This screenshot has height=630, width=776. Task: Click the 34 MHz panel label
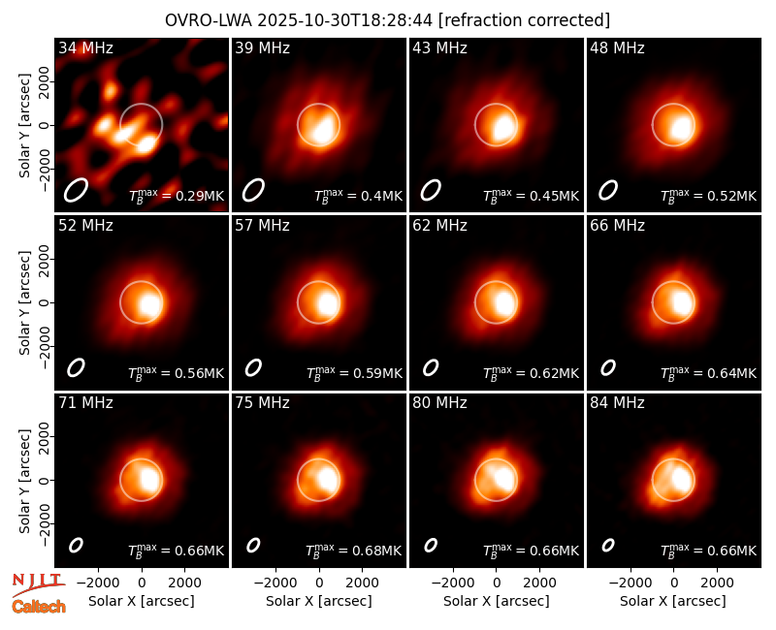(x=85, y=47)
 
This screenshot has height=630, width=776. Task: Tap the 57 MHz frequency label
(x=262, y=226)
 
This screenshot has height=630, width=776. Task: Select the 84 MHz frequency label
(x=617, y=403)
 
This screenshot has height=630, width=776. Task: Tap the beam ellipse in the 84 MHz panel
(x=608, y=545)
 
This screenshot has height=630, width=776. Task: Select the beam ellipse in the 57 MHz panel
(x=253, y=367)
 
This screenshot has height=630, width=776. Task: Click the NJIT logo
(x=38, y=584)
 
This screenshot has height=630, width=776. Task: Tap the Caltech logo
(x=39, y=607)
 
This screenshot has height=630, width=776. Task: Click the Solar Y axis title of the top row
(x=25, y=126)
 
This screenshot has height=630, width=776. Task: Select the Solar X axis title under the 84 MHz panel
(x=673, y=601)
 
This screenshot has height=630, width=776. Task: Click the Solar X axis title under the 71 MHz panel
(x=142, y=601)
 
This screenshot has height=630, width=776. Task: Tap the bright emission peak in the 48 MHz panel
(x=681, y=128)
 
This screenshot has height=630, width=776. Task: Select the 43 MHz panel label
(x=440, y=47)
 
